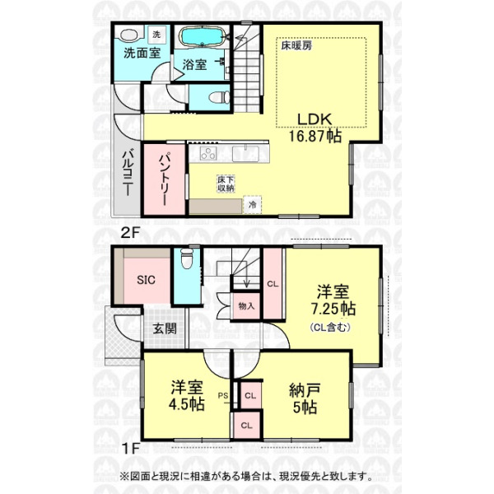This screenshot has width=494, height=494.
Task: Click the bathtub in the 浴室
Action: tap(202, 37)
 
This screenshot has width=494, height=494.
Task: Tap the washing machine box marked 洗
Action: tap(156, 35)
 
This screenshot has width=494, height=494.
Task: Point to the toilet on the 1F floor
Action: tap(187, 259)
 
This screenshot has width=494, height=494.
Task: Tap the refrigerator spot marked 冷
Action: tap(253, 205)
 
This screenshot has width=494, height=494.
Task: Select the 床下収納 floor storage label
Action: tap(226, 184)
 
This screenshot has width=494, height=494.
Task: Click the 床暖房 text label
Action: tap(296, 46)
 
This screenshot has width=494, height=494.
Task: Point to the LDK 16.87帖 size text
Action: tap(315, 128)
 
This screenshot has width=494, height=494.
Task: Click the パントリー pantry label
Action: tap(165, 179)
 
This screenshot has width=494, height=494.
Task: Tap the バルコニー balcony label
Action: tap(128, 172)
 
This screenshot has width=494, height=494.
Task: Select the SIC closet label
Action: tap(146, 280)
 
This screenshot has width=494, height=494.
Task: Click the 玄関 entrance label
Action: tap(165, 329)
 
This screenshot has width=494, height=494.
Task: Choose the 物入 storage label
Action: tap(246, 305)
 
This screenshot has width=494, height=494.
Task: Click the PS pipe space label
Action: tap(223, 395)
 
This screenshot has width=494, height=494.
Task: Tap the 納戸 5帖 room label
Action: tap(305, 398)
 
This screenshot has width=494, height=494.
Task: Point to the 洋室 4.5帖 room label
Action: tap(187, 396)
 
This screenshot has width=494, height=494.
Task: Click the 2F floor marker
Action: tap(130, 232)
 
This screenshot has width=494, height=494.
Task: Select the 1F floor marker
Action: tap(130, 449)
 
